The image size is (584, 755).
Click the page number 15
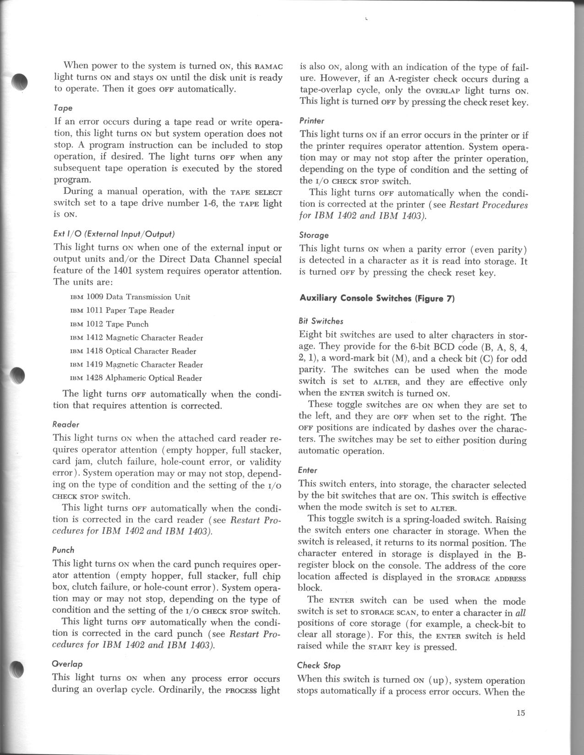point(520,713)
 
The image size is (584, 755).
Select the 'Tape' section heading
point(63,108)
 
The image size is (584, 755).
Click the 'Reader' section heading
point(66,424)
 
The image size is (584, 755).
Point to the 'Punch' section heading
point(63,550)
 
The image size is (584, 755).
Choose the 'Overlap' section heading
point(67,663)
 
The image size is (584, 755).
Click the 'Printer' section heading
point(311,121)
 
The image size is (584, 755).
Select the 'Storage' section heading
point(314,235)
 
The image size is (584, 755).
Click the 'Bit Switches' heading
point(321,321)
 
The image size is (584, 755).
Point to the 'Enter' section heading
point(307,470)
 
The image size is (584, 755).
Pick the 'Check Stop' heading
point(319,665)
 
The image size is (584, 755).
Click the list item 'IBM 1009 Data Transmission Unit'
point(130,297)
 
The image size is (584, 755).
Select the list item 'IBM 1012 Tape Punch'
point(109,324)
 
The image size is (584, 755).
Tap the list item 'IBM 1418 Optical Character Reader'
point(133,351)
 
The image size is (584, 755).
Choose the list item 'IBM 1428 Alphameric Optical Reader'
point(136,378)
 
